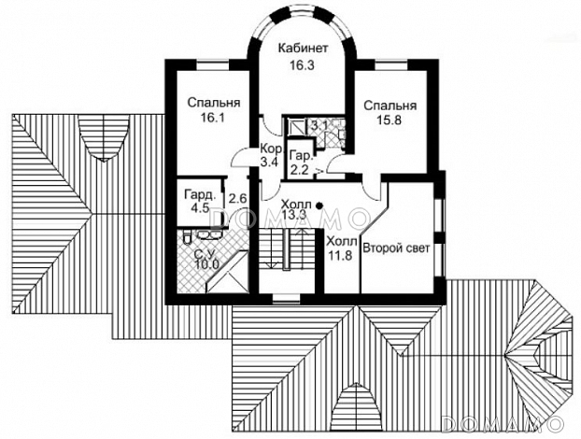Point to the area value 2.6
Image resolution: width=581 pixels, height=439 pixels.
coord(237,198)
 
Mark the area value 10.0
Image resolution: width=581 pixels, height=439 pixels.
coord(206,264)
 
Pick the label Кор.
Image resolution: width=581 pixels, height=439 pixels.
coord(271,149)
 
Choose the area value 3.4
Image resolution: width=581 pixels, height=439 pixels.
coord(271,162)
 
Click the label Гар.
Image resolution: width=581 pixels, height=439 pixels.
coord(301,155)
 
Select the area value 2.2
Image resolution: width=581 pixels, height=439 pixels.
coord(301,169)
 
